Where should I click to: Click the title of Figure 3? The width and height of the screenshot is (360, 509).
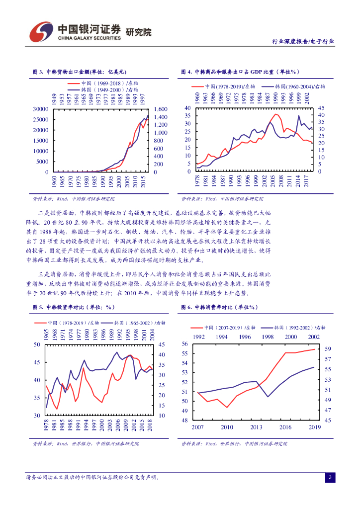[x=80, y=72]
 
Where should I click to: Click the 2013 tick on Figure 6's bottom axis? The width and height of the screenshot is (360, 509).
[x=256, y=427]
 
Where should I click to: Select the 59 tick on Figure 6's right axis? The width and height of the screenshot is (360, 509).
[x=327, y=348]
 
